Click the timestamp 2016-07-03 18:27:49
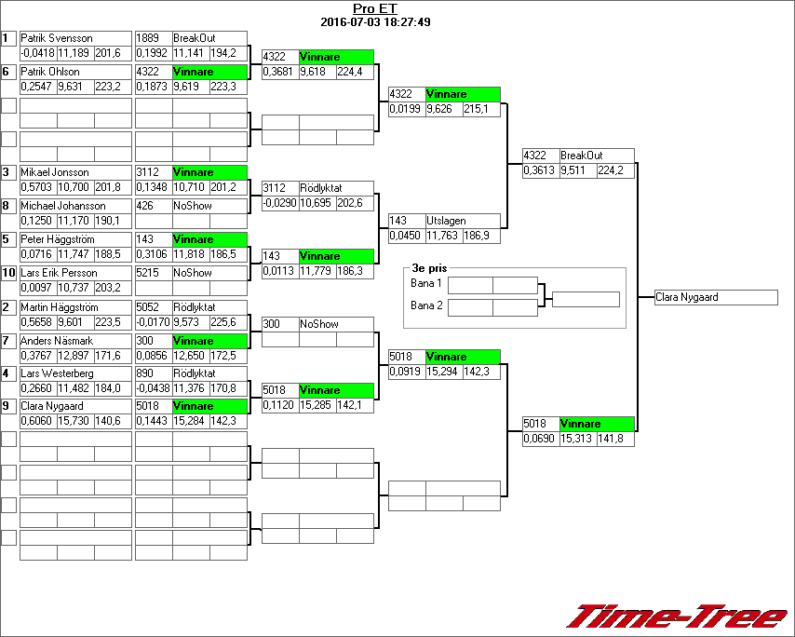tap(375, 21)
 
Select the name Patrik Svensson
tap(56, 38)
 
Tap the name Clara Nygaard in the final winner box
tap(687, 298)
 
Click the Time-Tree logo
tap(678, 617)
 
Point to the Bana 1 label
tap(426, 282)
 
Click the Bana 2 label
tap(426, 305)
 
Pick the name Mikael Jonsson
tap(55, 172)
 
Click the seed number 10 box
tap(8, 273)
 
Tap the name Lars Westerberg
tap(57, 373)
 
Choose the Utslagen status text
tap(446, 222)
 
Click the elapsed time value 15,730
tap(74, 422)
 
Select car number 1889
tap(147, 38)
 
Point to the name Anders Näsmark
tap(55, 341)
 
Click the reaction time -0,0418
tap(37, 53)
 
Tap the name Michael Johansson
tap(62, 206)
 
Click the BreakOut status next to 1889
tap(195, 38)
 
